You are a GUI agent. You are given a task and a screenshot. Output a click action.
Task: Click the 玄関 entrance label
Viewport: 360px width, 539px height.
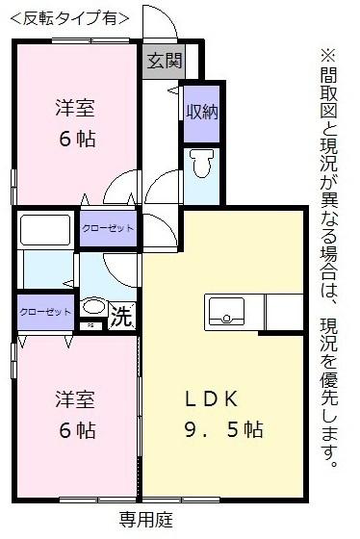(164, 63)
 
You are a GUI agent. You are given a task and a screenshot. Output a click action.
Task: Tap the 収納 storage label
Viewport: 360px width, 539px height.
(202, 112)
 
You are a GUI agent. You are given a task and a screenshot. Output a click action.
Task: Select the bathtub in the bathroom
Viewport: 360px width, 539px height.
(47, 231)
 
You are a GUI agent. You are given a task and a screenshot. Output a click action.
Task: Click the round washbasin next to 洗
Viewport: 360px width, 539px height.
(93, 307)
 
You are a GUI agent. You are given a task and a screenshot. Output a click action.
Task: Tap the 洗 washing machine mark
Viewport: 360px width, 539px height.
(120, 315)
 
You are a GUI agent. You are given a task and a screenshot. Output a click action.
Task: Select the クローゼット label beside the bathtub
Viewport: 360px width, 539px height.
(107, 228)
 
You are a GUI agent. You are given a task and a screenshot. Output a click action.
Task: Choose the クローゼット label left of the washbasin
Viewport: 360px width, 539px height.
(44, 312)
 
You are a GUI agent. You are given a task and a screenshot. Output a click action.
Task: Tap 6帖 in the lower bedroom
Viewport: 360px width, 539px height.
(74, 429)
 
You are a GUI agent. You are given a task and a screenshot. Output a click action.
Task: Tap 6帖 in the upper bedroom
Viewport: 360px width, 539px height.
(74, 139)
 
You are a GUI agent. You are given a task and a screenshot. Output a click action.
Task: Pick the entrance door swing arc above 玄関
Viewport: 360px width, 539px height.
(157, 21)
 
